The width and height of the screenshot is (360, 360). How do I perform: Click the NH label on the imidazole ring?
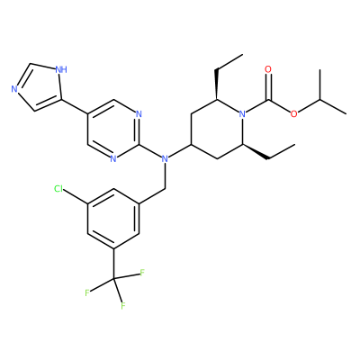point(61,70)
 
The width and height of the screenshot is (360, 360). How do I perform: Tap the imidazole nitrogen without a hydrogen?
point(13,89)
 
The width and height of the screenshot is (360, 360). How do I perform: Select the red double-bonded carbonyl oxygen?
point(268,69)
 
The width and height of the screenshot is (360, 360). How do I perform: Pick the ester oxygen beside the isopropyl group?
point(293,114)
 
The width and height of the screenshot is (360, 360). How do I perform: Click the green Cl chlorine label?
point(58,189)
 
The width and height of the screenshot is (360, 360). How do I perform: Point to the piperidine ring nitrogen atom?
point(242,114)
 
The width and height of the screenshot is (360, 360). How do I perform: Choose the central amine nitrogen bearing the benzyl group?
point(165,159)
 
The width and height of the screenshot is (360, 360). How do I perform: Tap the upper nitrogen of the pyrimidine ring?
point(139,114)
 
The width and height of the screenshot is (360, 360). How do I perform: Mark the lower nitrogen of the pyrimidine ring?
point(113,159)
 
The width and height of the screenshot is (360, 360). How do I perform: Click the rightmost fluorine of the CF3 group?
point(142,273)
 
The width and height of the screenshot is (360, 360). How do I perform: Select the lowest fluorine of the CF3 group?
point(122,306)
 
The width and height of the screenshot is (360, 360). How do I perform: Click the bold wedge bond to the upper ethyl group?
point(216,85)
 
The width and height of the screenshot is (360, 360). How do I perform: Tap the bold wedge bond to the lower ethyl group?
point(255,152)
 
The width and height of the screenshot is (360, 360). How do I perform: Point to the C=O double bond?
point(268,86)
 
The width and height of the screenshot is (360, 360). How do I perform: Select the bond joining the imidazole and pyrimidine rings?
point(75,107)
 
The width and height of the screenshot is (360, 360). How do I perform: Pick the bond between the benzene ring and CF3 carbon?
point(113,264)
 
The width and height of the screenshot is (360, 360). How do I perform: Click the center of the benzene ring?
point(113,219)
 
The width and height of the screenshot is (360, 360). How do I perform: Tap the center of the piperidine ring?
point(217,129)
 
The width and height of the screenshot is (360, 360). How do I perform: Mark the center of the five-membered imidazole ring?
point(40,87)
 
